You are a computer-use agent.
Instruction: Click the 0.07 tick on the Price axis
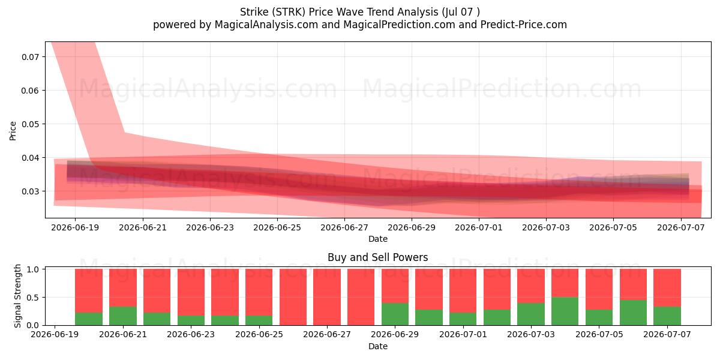click(x=30, y=57)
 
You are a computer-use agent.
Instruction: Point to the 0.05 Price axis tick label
click(x=30, y=124)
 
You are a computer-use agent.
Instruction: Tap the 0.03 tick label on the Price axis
click(x=30, y=191)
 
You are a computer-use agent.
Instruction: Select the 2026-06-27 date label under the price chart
click(x=344, y=227)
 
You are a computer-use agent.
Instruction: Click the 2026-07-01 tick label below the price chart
click(x=479, y=227)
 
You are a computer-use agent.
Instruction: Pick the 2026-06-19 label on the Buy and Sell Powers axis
click(x=55, y=334)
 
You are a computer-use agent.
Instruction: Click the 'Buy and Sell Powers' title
click(x=377, y=257)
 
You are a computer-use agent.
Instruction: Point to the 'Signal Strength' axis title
click(x=17, y=296)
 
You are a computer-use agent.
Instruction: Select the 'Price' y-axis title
click(x=13, y=131)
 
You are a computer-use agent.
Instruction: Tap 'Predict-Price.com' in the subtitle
click(x=524, y=25)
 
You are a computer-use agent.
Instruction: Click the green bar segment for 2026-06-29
click(x=395, y=314)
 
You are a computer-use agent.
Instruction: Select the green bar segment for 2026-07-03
click(x=531, y=314)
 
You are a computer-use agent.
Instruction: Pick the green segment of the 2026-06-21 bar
click(x=123, y=316)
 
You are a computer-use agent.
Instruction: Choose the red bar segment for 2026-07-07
click(x=667, y=287)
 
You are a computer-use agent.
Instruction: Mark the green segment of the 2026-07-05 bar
click(x=599, y=317)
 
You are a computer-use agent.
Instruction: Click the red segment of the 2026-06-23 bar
click(x=191, y=292)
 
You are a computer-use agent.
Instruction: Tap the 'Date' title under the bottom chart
click(x=377, y=346)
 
